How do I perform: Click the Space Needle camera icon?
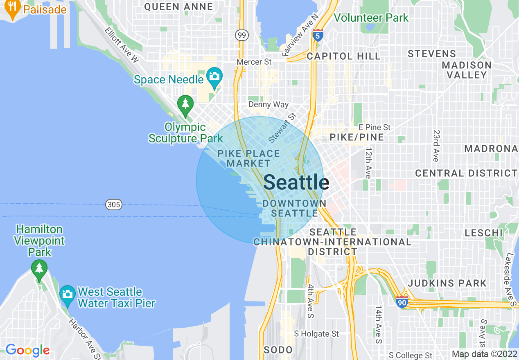214,76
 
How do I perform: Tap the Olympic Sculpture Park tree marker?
185,103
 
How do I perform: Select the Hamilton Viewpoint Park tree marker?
39,268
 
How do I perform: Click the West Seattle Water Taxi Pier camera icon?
67,294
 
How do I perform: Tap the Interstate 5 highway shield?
317,35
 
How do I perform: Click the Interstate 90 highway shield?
402,302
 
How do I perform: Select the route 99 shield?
242,35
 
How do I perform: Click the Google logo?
27,350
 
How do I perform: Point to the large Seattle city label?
296,182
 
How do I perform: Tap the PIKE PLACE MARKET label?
248,158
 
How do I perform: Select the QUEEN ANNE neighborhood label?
178,7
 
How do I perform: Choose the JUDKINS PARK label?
447,283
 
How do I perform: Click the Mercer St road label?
254,62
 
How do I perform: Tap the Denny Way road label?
269,104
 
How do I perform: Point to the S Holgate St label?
316,334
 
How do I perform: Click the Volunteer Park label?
371,18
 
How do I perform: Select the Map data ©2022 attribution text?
484,354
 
